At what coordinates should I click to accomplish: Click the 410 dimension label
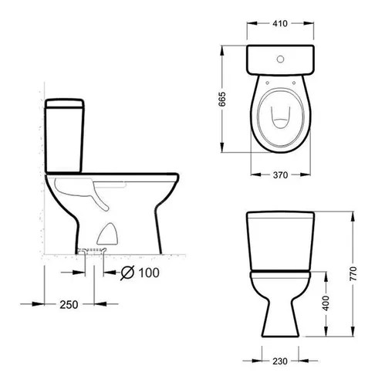coord(280,24)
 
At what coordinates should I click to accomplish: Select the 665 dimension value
coord(221,99)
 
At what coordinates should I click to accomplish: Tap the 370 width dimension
coord(280,175)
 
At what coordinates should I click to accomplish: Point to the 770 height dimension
coord(353,273)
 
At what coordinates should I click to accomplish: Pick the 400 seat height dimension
coord(326,303)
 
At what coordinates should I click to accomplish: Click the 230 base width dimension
coord(280,361)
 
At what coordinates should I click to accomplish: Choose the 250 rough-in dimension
coord(69,305)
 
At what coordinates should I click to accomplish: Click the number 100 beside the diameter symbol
coord(149,273)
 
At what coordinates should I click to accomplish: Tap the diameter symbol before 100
coord(127,273)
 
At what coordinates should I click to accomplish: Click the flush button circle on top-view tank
coord(280,59)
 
